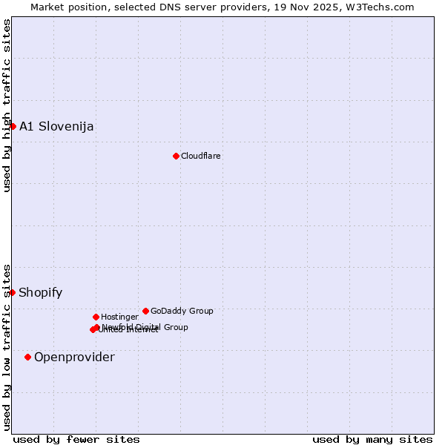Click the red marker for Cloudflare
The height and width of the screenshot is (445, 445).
(x=176, y=156)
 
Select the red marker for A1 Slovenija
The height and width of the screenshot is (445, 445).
(x=13, y=126)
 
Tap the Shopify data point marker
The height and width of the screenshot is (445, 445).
(x=12, y=292)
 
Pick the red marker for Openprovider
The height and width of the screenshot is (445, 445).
(x=27, y=357)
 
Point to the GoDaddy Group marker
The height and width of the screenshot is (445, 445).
(x=145, y=311)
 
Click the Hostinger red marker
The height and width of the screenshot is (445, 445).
(x=96, y=317)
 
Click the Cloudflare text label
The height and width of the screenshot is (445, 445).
(x=201, y=156)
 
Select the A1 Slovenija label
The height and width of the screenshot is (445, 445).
(x=56, y=126)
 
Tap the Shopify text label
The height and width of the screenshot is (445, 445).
(x=41, y=292)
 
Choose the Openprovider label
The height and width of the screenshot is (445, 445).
(x=74, y=357)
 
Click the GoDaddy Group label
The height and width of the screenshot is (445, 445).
(x=182, y=311)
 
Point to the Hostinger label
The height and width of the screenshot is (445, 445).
(x=119, y=317)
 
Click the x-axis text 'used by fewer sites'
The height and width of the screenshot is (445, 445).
(x=76, y=439)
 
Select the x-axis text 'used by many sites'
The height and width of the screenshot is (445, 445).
(x=372, y=439)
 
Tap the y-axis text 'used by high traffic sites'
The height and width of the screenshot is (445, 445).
(x=7, y=106)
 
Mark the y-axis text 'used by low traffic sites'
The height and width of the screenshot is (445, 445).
(x=7, y=346)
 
